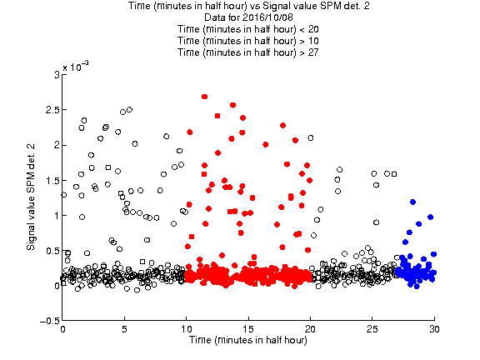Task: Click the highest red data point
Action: (x=204, y=97)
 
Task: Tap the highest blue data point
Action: (x=412, y=202)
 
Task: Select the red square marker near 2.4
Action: (x=217, y=116)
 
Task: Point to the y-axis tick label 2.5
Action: (x=52, y=110)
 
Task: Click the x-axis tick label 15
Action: (x=248, y=329)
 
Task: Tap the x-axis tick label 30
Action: (x=434, y=329)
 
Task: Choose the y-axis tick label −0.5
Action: (x=50, y=321)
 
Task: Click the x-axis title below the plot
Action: (x=248, y=340)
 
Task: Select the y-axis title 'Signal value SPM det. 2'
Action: (x=31, y=197)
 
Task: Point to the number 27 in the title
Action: (x=313, y=52)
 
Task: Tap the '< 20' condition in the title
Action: (x=309, y=29)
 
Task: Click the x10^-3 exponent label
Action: (x=76, y=67)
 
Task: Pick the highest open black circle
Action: (x=129, y=110)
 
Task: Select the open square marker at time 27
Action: (x=394, y=174)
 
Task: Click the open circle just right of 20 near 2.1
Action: (x=311, y=138)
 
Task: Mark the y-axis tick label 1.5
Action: (x=52, y=181)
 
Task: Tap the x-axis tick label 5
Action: (x=124, y=329)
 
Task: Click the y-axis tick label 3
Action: (x=57, y=75)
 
